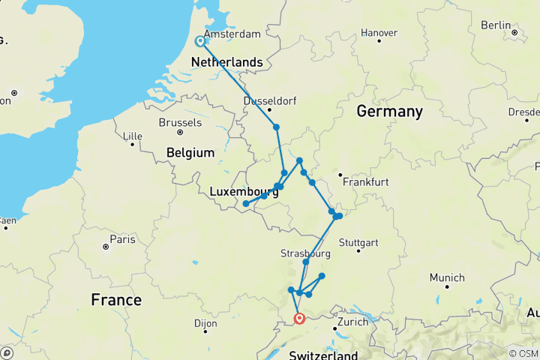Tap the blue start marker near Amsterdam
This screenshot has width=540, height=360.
(x=201, y=42)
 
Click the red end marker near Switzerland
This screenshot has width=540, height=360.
(x=300, y=319)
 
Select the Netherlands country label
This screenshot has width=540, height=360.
(x=227, y=62)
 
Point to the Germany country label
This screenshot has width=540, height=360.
(x=389, y=112)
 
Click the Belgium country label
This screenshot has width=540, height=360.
(x=191, y=152)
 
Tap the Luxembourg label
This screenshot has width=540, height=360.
(x=244, y=192)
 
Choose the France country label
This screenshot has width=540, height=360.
(x=116, y=300)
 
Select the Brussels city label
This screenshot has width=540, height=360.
(x=180, y=122)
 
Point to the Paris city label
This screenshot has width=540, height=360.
(x=123, y=239)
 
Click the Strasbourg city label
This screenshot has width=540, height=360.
(x=306, y=253)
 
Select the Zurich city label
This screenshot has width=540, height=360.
(x=352, y=322)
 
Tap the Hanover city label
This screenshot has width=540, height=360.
(x=379, y=33)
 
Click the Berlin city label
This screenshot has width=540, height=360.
(x=496, y=25)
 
